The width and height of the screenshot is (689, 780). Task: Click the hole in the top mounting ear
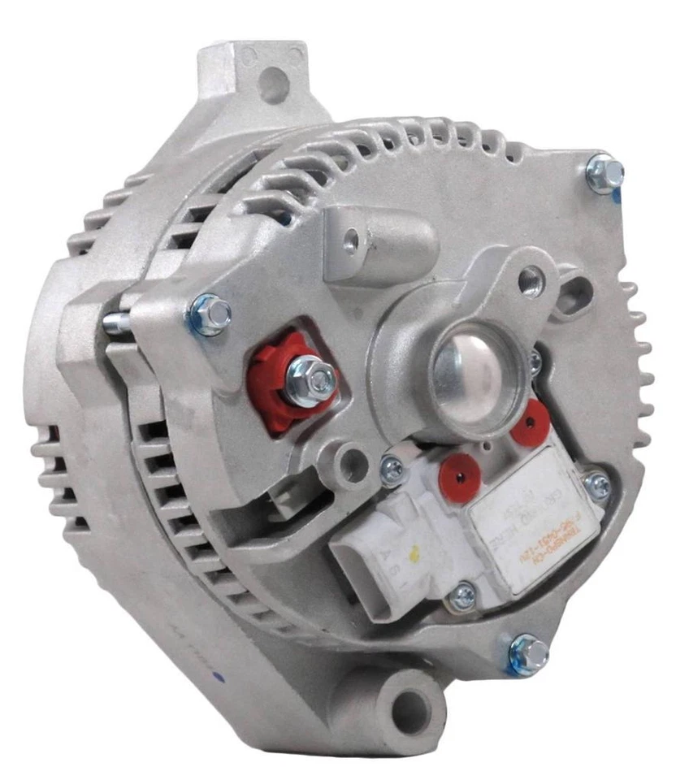click(275, 84)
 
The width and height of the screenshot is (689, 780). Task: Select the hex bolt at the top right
click(604, 173)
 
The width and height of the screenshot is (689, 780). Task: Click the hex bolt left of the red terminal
click(210, 313)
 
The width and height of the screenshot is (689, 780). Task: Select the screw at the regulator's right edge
click(597, 485)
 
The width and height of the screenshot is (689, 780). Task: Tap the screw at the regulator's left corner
click(392, 467)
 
